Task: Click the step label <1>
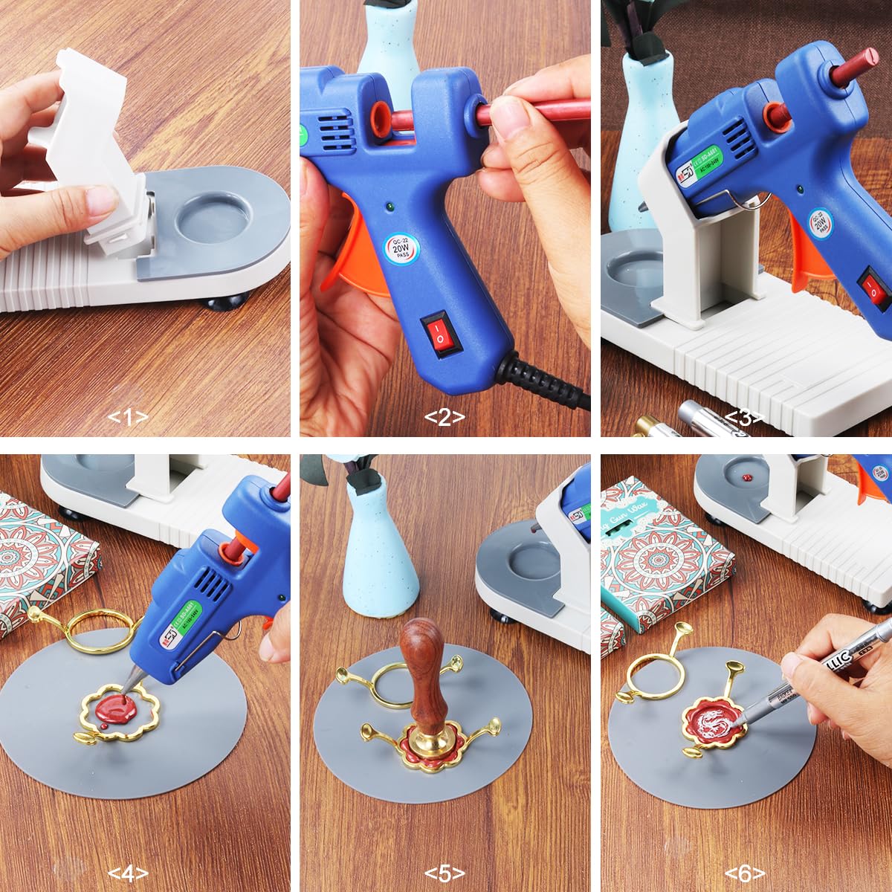point(128,418)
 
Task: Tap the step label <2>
point(445,418)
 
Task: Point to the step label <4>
point(128,873)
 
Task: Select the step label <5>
point(445,873)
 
